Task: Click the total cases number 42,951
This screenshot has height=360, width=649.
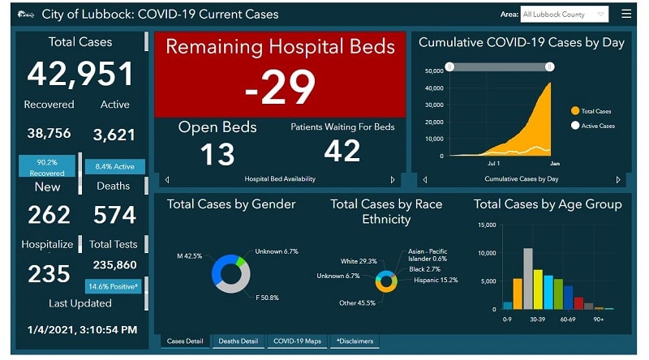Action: tap(80, 74)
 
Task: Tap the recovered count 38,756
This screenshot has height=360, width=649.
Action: tap(49, 134)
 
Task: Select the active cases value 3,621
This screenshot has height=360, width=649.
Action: tap(114, 135)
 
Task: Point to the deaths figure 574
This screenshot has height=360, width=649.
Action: tap(114, 214)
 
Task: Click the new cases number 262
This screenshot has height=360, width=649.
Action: tap(49, 214)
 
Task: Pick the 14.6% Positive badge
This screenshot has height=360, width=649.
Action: tap(114, 286)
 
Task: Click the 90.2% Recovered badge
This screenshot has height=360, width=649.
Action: tap(47, 166)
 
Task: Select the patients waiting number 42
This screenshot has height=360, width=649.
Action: tap(342, 151)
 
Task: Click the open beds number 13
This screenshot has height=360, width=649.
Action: tap(217, 154)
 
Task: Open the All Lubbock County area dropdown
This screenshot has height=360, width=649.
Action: tap(565, 14)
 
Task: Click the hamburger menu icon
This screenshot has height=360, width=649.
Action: tap(625, 14)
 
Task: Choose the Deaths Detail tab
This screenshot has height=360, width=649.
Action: tap(239, 341)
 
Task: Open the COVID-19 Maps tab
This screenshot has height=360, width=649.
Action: tap(297, 341)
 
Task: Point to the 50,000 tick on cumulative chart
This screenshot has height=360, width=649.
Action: tap(433, 71)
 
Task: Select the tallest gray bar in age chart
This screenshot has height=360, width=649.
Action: tap(527, 279)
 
